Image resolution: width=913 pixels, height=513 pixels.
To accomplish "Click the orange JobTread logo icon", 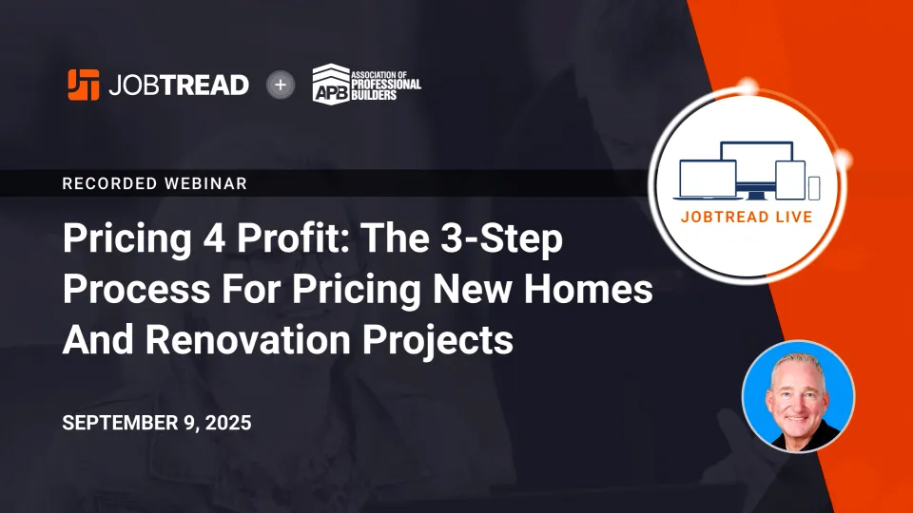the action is (84, 85).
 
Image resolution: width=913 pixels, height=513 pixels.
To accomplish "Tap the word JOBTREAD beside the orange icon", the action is (179, 85).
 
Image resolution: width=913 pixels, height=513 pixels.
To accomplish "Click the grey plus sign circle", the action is (281, 85).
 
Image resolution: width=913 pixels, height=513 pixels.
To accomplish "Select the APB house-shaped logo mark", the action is (331, 85).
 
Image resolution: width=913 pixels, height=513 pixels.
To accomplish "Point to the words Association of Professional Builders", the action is (386, 85).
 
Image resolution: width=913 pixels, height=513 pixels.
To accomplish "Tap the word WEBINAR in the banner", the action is (206, 183).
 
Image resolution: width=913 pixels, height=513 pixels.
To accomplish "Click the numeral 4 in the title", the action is (214, 238).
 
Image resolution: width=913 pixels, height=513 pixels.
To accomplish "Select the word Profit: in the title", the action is (293, 238).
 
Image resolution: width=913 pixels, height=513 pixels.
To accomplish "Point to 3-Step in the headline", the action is (501, 239).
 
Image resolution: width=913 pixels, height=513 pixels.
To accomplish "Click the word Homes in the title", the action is (588, 289).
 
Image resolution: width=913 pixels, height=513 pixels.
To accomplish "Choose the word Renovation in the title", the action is (247, 340).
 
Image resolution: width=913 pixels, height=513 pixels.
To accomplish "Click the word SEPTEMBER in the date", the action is (120, 423).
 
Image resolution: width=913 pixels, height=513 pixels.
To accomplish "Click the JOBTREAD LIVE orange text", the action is (747, 217).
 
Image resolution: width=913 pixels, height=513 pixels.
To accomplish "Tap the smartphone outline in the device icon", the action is (814, 188).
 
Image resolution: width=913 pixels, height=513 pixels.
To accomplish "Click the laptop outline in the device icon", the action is (708, 180).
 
